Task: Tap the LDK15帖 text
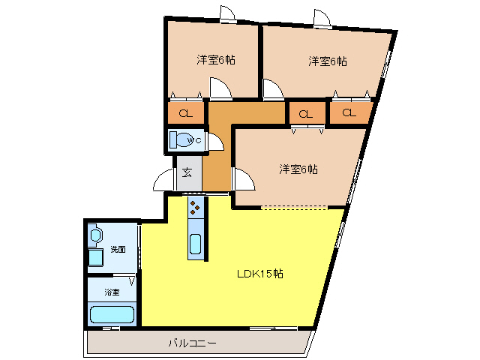260,273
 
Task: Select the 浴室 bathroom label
112,292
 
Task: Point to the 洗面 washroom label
118,250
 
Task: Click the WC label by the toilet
195,140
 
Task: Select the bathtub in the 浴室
111,314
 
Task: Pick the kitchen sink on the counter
195,244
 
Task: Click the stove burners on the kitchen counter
195,206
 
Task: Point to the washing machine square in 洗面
95,258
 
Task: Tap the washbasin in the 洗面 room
94,235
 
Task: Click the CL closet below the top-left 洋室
186,114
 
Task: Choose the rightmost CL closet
349,113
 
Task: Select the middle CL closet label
305,114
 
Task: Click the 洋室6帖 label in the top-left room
216,60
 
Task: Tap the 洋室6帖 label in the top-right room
327,61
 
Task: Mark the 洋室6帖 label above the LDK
298,169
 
